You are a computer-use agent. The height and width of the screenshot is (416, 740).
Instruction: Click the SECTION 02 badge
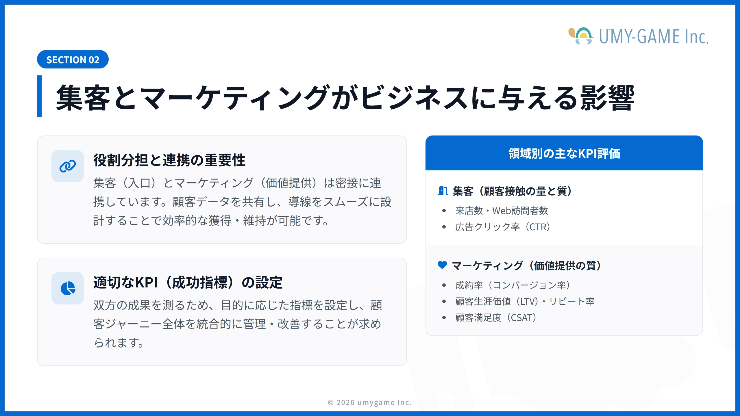73,59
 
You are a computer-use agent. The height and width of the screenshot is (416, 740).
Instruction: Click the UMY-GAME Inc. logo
638,36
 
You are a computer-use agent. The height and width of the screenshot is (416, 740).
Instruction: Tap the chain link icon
68,166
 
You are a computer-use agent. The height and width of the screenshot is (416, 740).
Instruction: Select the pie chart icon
68,288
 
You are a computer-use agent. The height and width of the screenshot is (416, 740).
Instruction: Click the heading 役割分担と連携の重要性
169,160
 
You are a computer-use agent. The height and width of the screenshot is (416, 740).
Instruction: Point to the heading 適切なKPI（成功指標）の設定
188,283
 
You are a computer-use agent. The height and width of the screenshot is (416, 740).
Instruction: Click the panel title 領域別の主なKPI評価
564,153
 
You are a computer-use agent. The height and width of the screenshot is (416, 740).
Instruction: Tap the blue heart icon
442,265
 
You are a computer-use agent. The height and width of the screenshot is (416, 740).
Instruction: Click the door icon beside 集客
443,191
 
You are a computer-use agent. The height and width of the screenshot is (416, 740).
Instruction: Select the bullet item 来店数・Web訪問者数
502,211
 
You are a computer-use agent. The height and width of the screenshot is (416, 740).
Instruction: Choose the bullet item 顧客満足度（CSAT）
496,318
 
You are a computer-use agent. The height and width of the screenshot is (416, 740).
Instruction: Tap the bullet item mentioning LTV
525,302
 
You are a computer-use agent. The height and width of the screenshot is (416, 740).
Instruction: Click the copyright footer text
370,402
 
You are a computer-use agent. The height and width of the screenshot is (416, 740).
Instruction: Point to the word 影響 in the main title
608,98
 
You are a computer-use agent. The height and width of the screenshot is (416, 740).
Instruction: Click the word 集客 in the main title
83,98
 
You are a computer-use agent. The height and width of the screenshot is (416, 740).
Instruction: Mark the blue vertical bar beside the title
39,96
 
